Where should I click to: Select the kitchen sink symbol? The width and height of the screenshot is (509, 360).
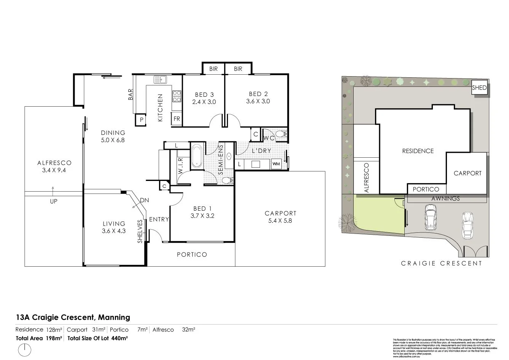click(x=161, y=80)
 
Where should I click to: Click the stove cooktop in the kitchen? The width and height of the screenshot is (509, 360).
click(x=177, y=96)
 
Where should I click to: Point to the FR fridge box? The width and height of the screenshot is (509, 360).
click(x=177, y=119)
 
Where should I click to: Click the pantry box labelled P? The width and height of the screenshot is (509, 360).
click(x=141, y=120)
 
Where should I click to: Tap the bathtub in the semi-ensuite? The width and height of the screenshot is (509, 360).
click(x=197, y=156)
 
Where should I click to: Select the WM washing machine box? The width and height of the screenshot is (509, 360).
click(x=276, y=164)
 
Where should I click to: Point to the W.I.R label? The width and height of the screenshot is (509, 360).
click(x=181, y=166)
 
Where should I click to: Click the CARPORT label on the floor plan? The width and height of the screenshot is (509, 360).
click(x=280, y=213)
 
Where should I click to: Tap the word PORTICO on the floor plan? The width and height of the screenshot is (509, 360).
click(x=192, y=254)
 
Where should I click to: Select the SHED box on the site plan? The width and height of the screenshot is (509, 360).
click(x=479, y=88)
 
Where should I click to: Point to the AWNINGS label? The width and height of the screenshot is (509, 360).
click(x=446, y=198)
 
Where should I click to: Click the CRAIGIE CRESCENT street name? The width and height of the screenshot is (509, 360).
click(x=441, y=263)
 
